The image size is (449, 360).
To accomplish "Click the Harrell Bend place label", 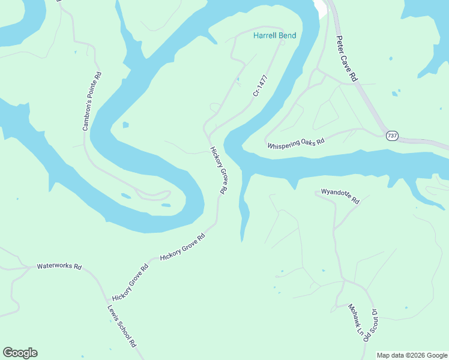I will pos(274,36).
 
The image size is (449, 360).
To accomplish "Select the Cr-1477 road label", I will pos(260,85).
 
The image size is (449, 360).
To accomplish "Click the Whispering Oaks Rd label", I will pos(296,145).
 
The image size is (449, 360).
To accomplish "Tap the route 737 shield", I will pos(392,136).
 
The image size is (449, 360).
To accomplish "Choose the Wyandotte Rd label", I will pos(340,196).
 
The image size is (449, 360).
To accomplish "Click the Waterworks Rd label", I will pos(59,266).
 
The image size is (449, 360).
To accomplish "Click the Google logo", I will pos(20,353).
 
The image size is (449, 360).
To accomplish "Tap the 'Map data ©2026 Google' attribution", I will pos(412,355).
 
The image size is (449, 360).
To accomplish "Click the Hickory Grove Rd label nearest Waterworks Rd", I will pos(130,283).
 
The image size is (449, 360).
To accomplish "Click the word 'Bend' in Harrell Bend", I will pos(286,36).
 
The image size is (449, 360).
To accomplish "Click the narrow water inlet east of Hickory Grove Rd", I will pos(243,207).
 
